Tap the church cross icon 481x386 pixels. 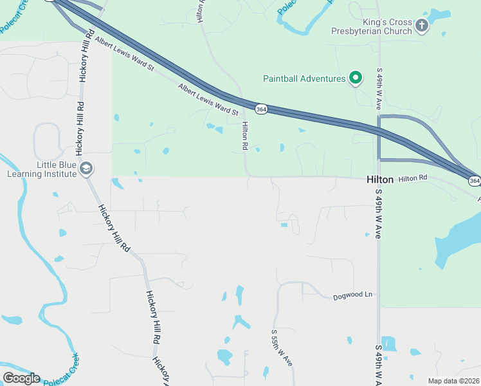(x=422, y=26)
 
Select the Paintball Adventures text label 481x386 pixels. (x=304, y=78)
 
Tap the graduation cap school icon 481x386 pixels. (x=86, y=169)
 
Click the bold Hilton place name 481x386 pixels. (x=379, y=180)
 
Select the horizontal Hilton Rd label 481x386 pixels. (x=412, y=178)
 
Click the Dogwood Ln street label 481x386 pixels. (x=352, y=296)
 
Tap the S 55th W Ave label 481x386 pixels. (x=280, y=347)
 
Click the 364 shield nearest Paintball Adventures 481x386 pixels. (x=260, y=109)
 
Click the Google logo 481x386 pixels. (x=21, y=378)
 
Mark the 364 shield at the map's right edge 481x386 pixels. (x=474, y=181)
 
